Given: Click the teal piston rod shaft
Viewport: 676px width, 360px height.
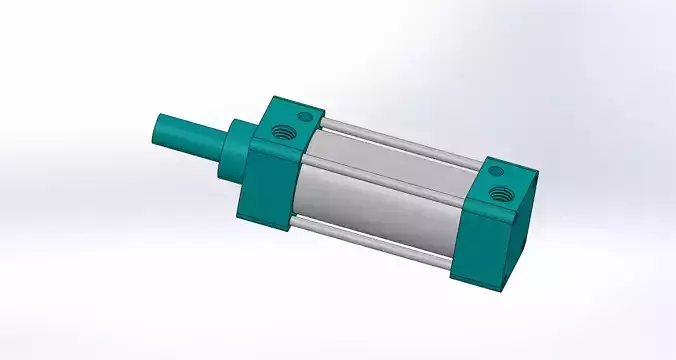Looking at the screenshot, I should (x=190, y=138).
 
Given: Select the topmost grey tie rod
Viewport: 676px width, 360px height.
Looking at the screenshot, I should (x=400, y=140).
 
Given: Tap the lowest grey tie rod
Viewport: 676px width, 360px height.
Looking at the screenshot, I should (x=370, y=243).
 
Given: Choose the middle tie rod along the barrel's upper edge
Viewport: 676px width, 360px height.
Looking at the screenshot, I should (x=390, y=171).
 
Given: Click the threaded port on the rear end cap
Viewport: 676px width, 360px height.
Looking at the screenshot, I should (x=499, y=193).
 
